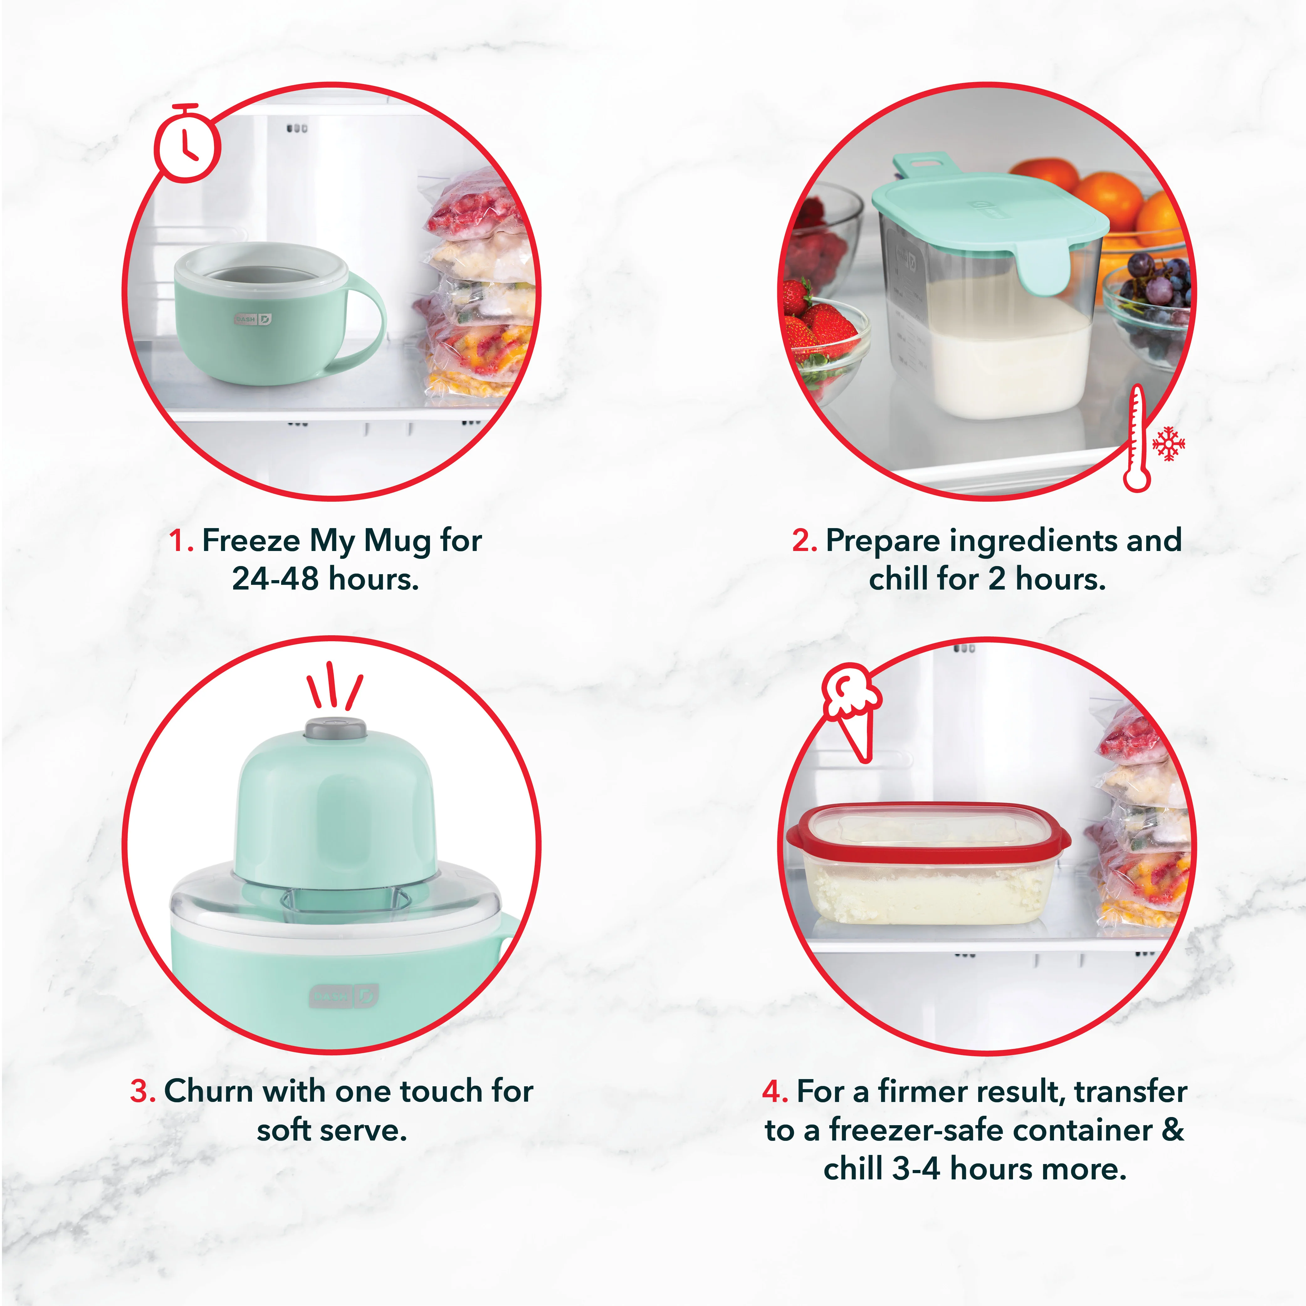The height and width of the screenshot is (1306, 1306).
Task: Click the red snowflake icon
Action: (1169, 444)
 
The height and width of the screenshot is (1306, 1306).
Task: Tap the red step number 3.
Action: (143, 1091)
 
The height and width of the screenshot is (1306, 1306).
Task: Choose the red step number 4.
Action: (775, 1091)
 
